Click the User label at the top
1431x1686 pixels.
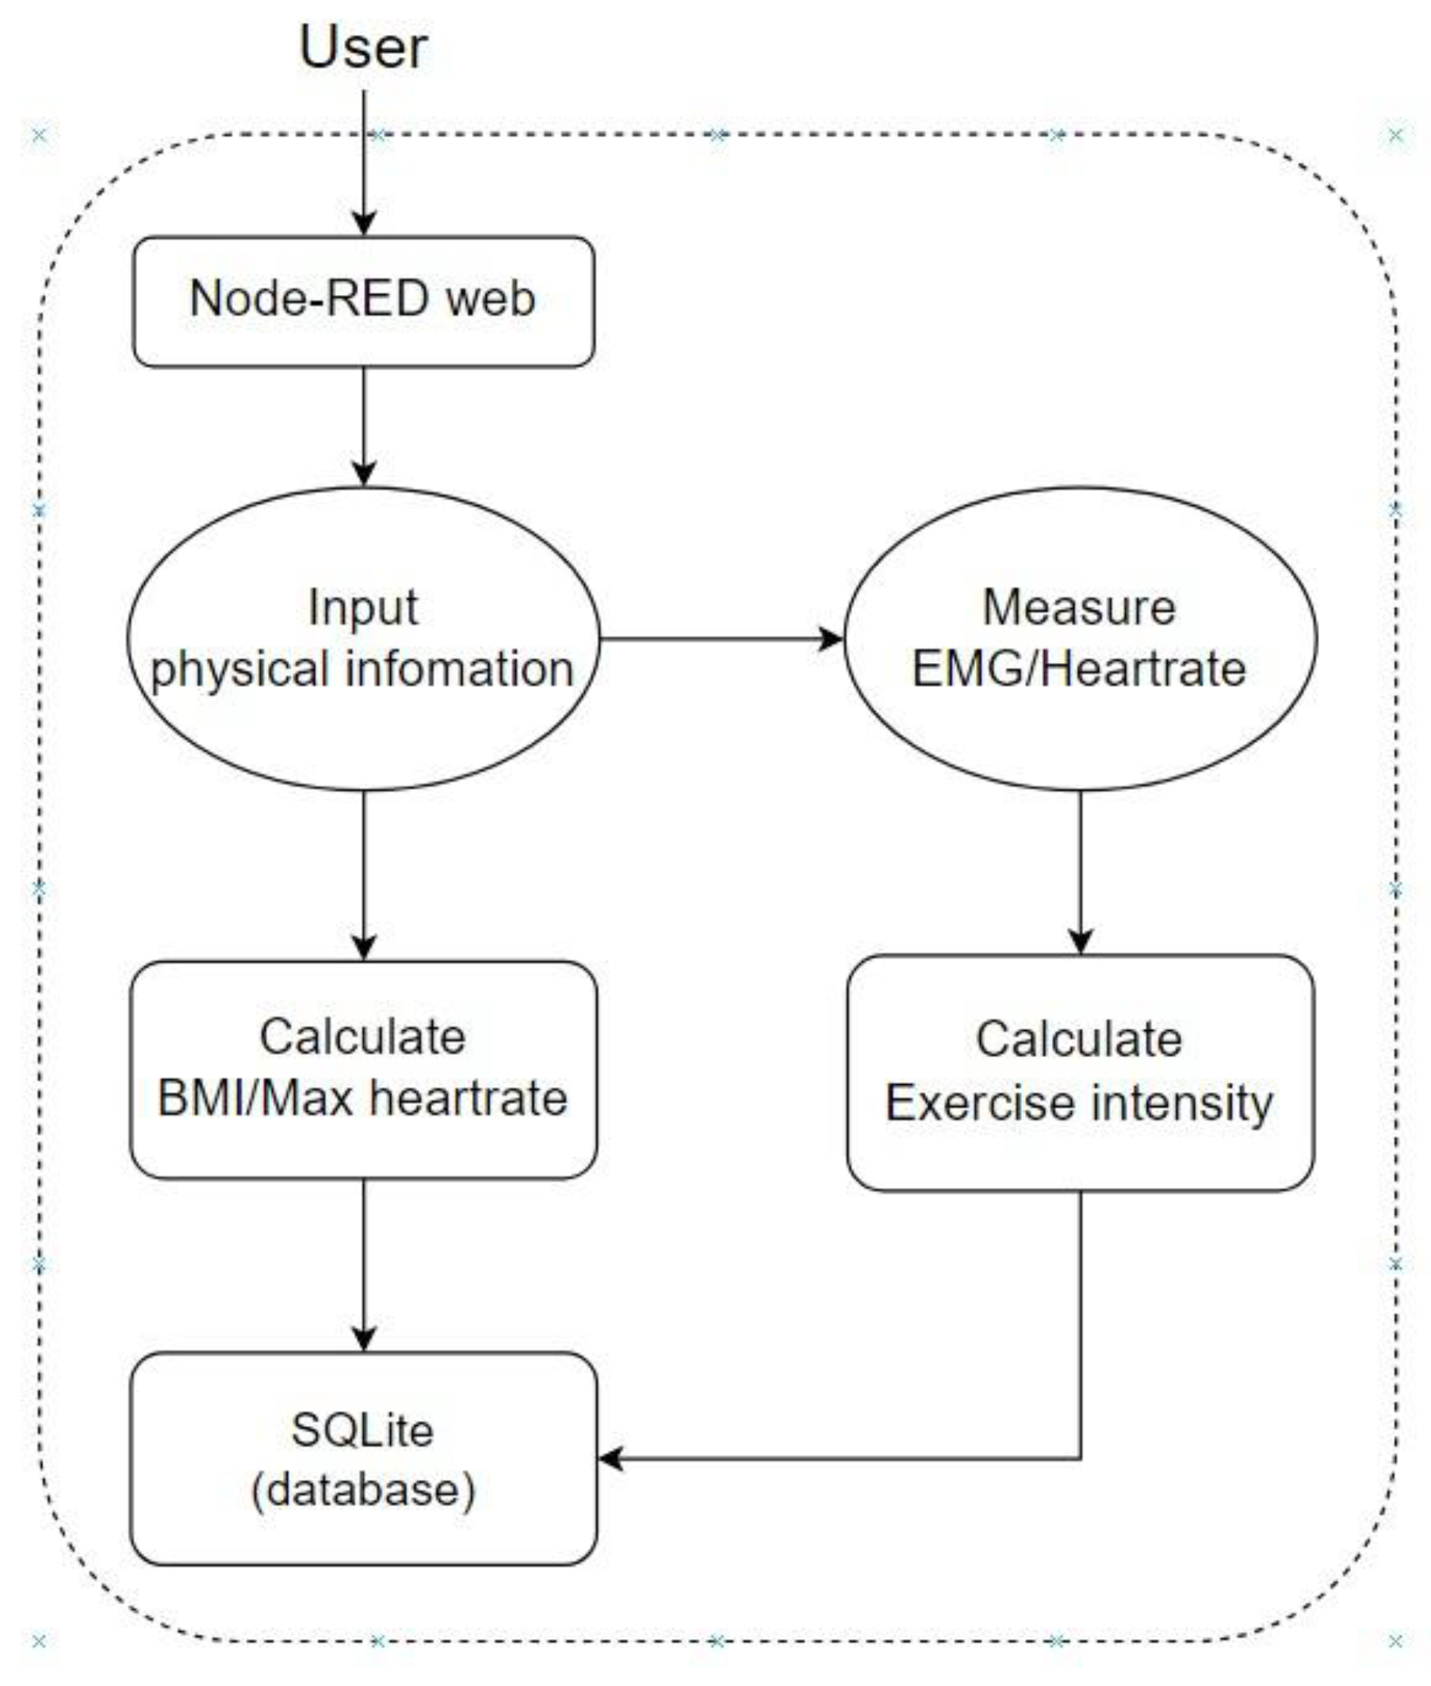click(x=362, y=46)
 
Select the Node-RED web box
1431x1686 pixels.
click(x=362, y=301)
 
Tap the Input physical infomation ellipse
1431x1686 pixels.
click(x=362, y=638)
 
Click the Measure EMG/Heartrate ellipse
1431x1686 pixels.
click(x=1080, y=638)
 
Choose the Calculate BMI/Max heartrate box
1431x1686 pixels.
click(x=362, y=1069)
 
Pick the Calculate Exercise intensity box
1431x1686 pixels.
click(x=1080, y=1073)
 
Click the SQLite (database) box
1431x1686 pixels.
click(x=362, y=1458)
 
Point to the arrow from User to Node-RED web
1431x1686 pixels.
click(x=363, y=163)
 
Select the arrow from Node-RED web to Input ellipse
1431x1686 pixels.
click(x=363, y=426)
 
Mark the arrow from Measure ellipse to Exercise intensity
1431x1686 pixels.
click(x=1080, y=872)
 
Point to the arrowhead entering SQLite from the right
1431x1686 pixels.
click(x=610, y=1458)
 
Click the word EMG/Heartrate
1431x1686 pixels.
click(x=1079, y=669)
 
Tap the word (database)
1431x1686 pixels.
click(x=362, y=1489)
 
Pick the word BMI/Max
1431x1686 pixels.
click(x=254, y=1099)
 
